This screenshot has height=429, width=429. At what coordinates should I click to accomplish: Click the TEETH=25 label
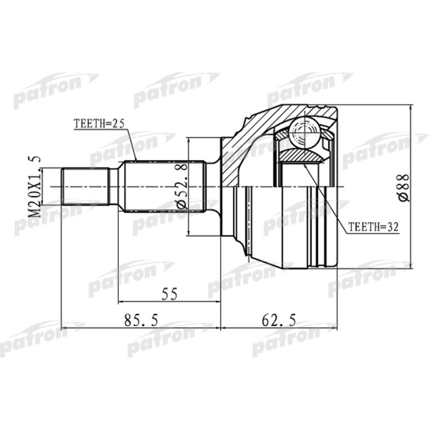[x=99, y=123]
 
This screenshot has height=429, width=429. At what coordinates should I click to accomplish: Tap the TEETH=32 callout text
[x=373, y=227]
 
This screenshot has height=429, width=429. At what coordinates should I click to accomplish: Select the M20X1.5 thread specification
[x=35, y=186]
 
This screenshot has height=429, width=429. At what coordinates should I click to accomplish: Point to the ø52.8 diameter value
[x=182, y=186]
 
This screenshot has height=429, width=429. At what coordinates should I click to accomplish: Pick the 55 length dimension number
[x=169, y=294]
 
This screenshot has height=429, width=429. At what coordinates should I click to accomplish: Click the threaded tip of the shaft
[x=86, y=186]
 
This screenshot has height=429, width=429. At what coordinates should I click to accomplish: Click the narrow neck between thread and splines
[x=114, y=186]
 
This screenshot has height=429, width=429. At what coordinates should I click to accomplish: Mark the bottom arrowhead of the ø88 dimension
[x=409, y=265]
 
